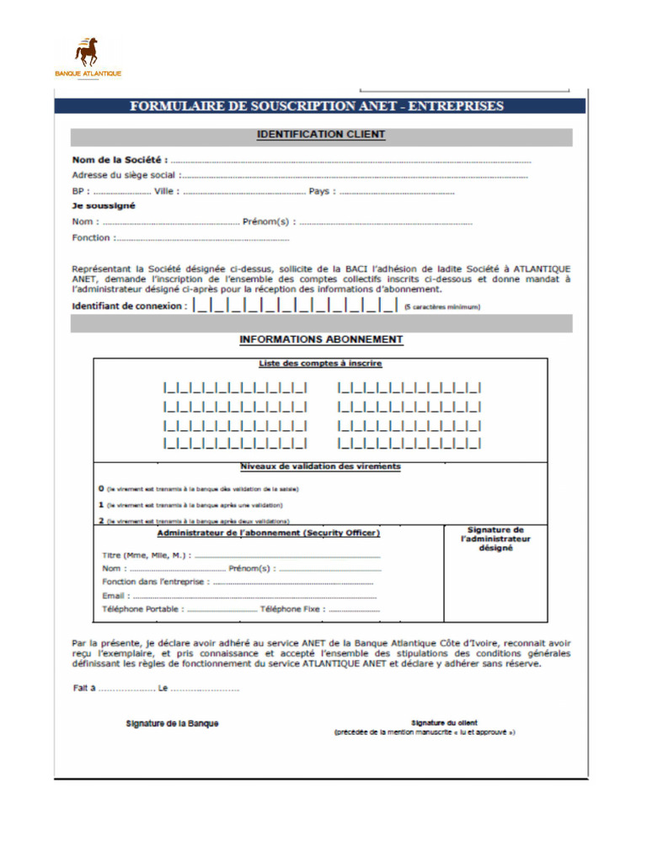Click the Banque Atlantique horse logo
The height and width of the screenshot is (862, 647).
click(x=87, y=53)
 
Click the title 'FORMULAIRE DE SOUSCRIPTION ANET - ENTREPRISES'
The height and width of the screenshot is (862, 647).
click(x=317, y=106)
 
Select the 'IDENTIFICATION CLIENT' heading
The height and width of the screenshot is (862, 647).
click(x=320, y=135)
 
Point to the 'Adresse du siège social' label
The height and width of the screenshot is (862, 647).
click(x=124, y=175)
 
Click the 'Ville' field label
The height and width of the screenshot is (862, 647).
click(x=166, y=192)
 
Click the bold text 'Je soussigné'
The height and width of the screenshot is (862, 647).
click(x=104, y=205)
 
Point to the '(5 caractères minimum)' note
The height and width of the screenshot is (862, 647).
click(x=441, y=307)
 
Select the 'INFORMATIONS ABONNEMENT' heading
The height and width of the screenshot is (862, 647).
click(x=321, y=340)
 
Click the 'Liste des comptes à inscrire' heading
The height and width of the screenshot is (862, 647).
click(x=320, y=364)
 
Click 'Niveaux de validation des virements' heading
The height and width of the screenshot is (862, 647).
click(x=320, y=466)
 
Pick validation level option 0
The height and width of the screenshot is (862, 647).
click(x=101, y=488)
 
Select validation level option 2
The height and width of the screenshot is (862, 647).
click(x=101, y=521)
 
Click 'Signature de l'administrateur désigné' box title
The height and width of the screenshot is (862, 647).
click(x=495, y=539)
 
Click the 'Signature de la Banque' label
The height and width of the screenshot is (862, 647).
click(x=172, y=723)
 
